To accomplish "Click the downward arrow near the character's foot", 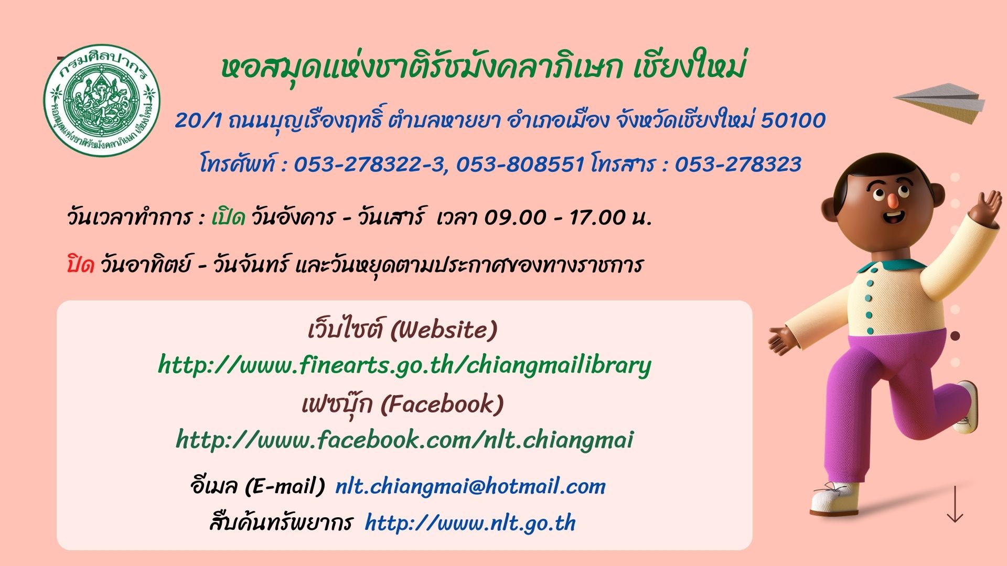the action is click(x=955, y=504).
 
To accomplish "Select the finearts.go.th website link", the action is click(x=404, y=365).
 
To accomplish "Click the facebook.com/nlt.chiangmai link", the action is click(x=404, y=439).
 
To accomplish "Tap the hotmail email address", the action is click(x=470, y=486).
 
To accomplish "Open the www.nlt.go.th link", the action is click(x=470, y=523).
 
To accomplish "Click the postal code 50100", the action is click(x=793, y=121).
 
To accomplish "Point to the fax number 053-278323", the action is click(x=737, y=165).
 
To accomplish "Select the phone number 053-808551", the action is click(x=520, y=165).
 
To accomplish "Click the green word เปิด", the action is click(x=228, y=216).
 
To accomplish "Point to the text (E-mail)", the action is click(x=285, y=486).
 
